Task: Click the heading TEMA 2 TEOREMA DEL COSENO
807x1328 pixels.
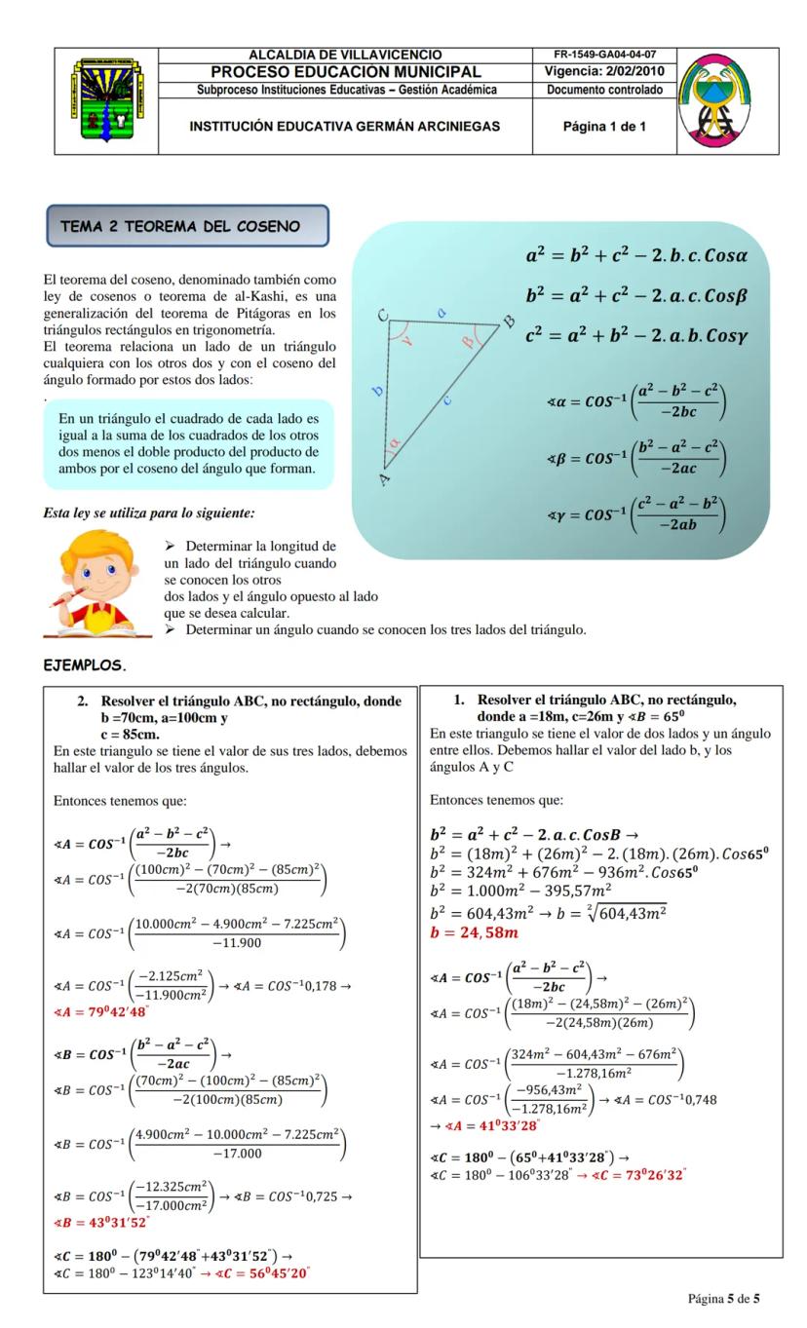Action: [188, 226]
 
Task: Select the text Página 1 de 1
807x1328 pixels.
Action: [604, 127]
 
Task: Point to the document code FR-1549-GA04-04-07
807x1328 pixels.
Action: [604, 55]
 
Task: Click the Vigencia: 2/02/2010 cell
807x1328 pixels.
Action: [604, 71]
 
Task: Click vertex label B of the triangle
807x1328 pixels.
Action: [507, 323]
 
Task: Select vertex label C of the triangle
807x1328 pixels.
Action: [382, 315]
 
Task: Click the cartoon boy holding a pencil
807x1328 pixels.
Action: [97, 586]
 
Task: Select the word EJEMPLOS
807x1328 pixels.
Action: [87, 667]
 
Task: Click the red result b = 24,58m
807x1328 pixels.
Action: [475, 933]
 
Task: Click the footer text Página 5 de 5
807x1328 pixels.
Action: [723, 1299]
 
